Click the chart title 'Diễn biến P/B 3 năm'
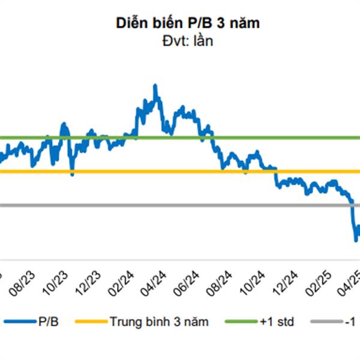tap(180, 23)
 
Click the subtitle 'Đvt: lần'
tap(180, 41)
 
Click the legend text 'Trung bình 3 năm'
tap(159, 322)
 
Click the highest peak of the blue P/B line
tap(155, 86)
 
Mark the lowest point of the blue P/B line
tap(355, 241)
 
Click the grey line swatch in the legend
tap(328, 323)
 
